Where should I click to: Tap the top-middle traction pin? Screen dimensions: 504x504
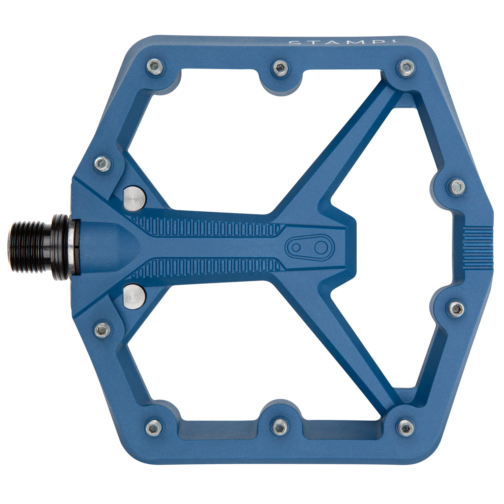point(280,69)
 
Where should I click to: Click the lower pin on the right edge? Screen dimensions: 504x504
point(457,309)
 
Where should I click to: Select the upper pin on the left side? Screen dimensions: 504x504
point(102,164)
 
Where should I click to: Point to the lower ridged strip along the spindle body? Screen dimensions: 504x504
point(209,268)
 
